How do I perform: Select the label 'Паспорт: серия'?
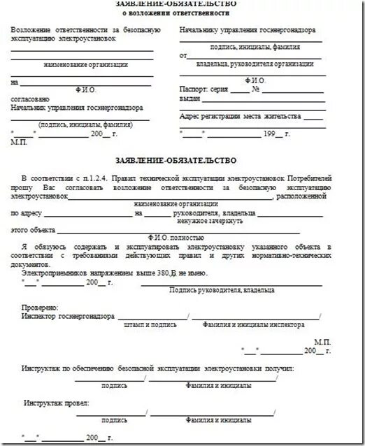click(203, 89)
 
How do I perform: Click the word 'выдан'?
click(190, 99)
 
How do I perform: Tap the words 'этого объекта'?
click(33, 230)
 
